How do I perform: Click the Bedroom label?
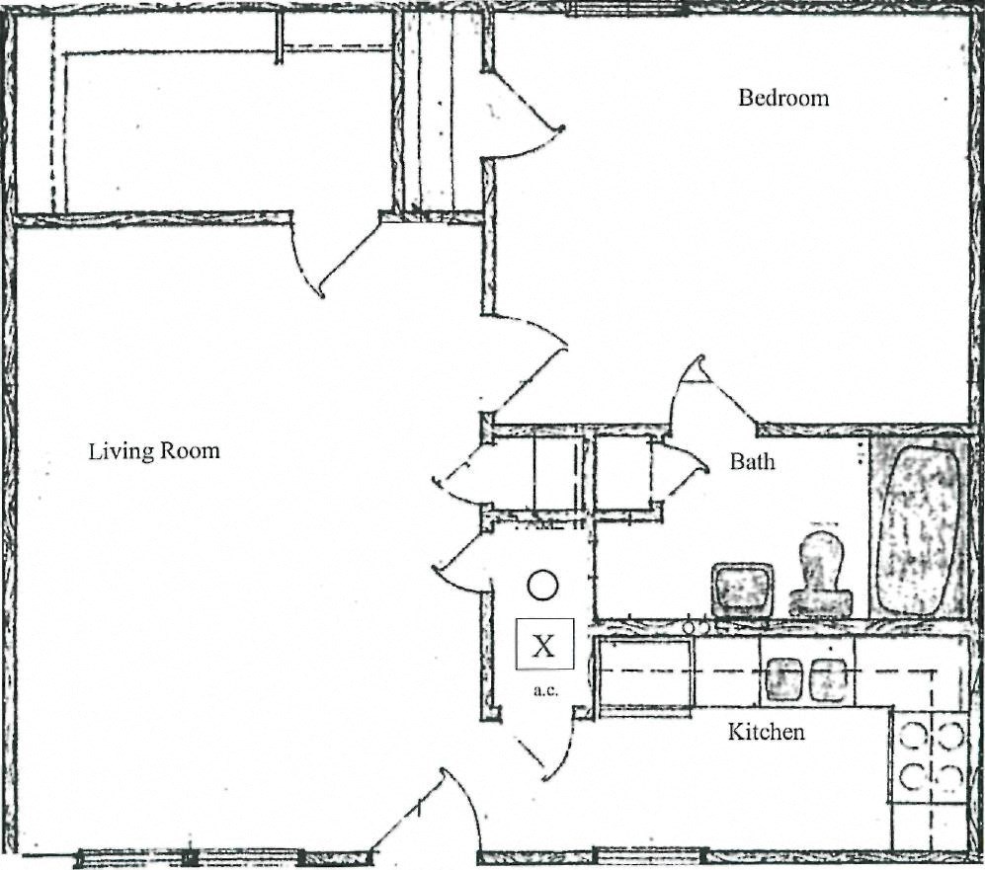click(783, 98)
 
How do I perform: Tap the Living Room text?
click(154, 452)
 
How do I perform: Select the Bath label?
click(753, 461)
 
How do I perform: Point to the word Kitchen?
click(766, 732)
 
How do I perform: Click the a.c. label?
click(545, 689)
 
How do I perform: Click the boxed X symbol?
click(543, 646)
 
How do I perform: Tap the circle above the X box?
click(542, 586)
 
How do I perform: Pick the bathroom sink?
click(743, 590)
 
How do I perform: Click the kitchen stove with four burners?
click(929, 756)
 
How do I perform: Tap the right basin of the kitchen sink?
click(828, 678)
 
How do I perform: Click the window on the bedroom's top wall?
click(626, 9)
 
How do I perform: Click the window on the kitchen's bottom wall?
click(648, 854)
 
